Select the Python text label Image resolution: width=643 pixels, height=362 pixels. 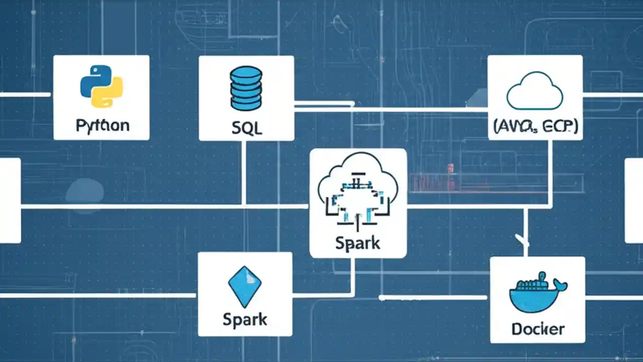(x=102, y=125)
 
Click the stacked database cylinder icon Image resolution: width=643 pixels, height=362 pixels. (x=246, y=89)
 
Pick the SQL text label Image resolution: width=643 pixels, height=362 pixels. (x=246, y=128)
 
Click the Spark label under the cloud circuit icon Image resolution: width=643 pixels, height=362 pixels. (x=358, y=243)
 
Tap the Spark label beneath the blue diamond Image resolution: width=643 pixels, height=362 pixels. (x=245, y=319)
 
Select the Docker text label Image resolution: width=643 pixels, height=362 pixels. (x=538, y=329)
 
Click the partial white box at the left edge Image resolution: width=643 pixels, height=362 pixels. (x=10, y=200)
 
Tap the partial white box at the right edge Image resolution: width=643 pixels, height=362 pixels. (x=634, y=200)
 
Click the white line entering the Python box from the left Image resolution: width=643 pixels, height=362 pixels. (x=25, y=95)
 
